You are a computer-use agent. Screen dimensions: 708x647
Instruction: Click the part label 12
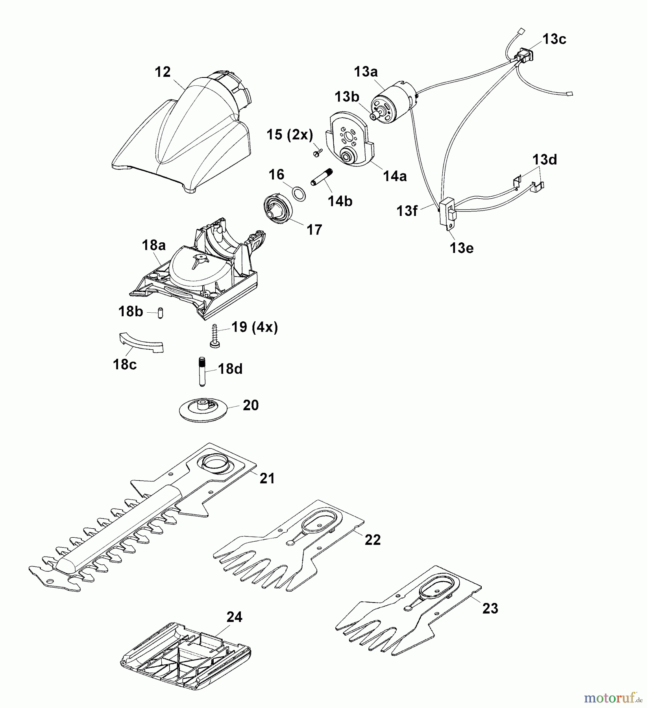pyautogui.click(x=163, y=72)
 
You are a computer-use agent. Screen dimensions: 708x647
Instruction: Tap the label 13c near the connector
pyautogui.click(x=554, y=39)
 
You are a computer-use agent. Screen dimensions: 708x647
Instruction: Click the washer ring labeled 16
pyautogui.click(x=299, y=194)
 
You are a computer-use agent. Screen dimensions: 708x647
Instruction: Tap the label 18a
pyautogui.click(x=153, y=245)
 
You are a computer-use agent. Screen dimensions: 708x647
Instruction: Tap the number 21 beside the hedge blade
pyautogui.click(x=267, y=478)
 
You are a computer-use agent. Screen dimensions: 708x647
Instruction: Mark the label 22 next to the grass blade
pyautogui.click(x=372, y=540)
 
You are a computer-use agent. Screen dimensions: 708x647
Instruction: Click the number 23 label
pyautogui.click(x=490, y=608)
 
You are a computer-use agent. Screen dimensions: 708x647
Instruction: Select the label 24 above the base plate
pyautogui.click(x=234, y=617)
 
